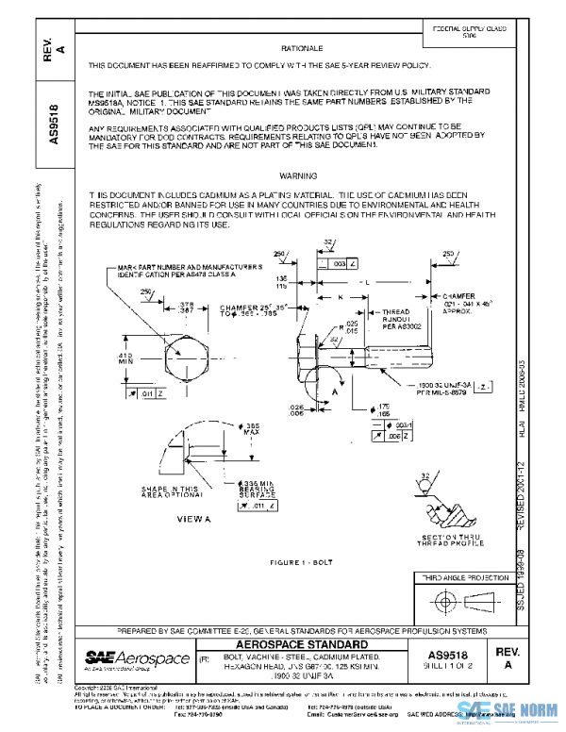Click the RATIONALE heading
click(x=302, y=47)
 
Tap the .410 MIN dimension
click(x=125, y=359)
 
